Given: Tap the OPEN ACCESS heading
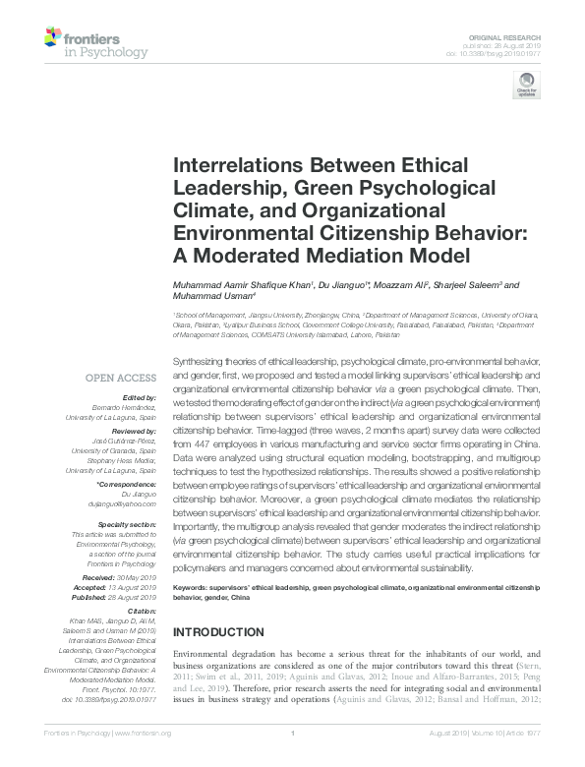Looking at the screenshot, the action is coord(120,377).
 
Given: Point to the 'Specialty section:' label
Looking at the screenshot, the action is coord(125,524).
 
